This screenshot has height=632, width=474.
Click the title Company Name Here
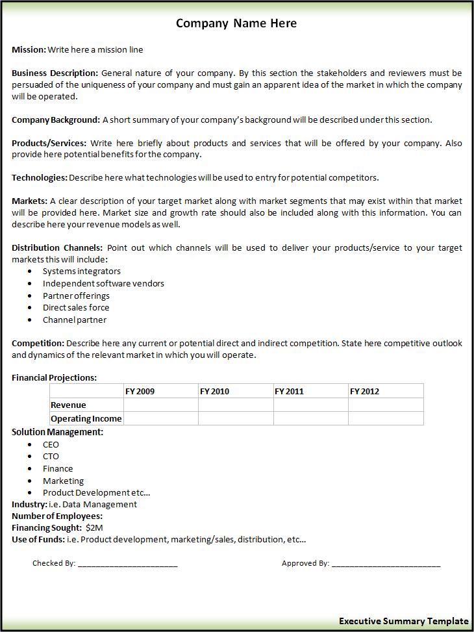(x=236, y=23)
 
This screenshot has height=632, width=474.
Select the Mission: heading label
(x=29, y=49)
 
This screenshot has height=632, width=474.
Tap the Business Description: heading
(x=55, y=73)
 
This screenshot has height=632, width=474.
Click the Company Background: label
(x=56, y=120)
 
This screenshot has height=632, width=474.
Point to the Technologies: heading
(x=39, y=177)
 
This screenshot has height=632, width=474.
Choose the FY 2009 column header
(x=140, y=391)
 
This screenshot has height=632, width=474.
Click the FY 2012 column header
(x=364, y=391)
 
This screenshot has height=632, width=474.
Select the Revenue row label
(x=68, y=405)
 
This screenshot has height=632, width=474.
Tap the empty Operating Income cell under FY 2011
(x=310, y=418)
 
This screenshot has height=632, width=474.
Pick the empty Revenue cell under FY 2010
(x=235, y=405)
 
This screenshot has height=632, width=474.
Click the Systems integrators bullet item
(x=81, y=271)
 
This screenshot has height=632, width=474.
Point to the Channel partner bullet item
(x=74, y=320)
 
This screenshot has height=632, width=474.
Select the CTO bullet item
(x=51, y=456)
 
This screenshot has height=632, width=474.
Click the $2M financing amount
(x=94, y=527)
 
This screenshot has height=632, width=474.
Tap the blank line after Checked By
(x=127, y=564)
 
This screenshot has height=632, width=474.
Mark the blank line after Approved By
(x=386, y=564)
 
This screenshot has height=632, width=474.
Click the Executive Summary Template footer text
(x=403, y=621)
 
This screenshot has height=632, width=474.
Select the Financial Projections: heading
(x=54, y=377)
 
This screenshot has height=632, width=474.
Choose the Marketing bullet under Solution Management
(x=63, y=481)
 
